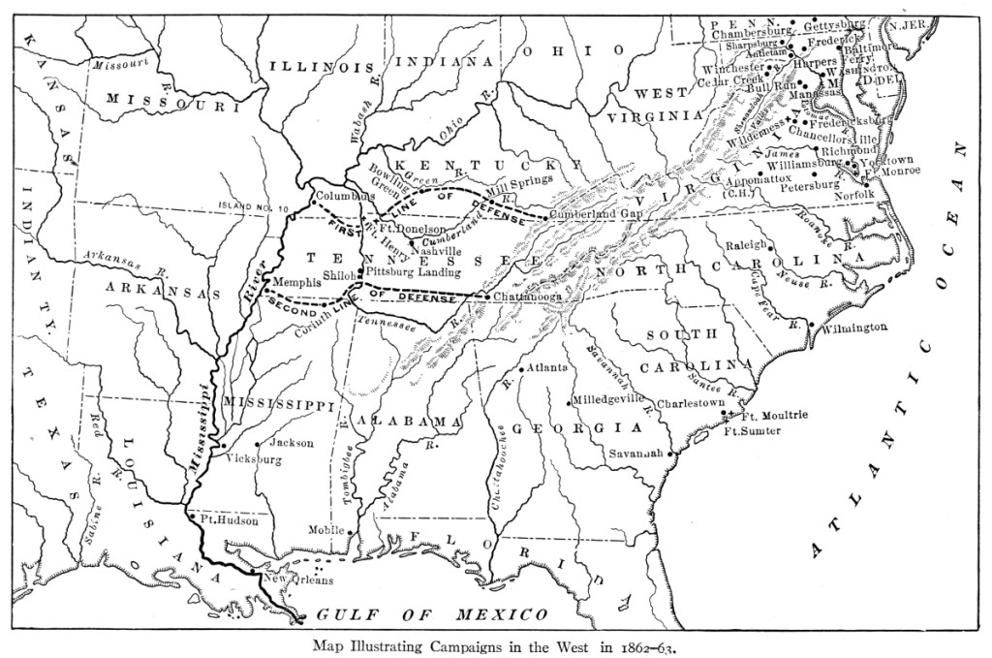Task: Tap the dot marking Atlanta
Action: coord(521,370)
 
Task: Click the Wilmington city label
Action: coord(853,328)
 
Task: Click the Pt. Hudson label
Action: coord(230,520)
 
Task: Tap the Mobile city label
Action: coord(327,530)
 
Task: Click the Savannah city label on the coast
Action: coord(635,453)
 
